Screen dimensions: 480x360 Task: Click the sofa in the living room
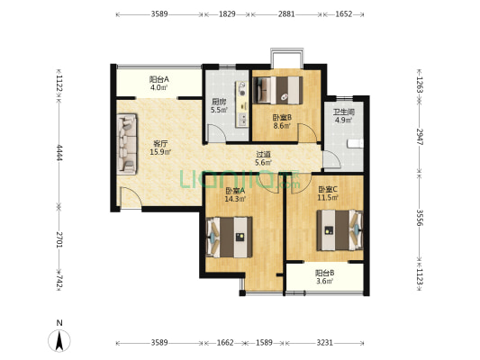click(x=127, y=144)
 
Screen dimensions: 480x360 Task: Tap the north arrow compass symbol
click(x=59, y=340)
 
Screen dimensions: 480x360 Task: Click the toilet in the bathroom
click(x=356, y=143)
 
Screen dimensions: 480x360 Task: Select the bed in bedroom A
click(x=230, y=237)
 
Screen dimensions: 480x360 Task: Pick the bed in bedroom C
click(x=340, y=230)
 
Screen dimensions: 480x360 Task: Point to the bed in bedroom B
click(x=278, y=90)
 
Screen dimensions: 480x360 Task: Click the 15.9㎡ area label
click(x=160, y=152)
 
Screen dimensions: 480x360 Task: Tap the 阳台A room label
click(x=159, y=79)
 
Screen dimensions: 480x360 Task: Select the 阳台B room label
click(x=325, y=272)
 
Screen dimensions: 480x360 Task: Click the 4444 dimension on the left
click(x=59, y=152)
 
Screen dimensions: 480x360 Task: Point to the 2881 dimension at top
click(x=286, y=14)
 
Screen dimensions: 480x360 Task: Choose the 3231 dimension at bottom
click(x=324, y=343)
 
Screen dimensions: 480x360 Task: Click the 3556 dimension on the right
click(x=420, y=218)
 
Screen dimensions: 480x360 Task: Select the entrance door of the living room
click(x=131, y=198)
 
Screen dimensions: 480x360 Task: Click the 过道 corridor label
click(x=263, y=155)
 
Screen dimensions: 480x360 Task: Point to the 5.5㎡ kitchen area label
click(x=219, y=110)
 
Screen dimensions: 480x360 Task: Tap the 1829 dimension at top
click(x=227, y=14)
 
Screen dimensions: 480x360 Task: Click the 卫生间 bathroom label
click(x=343, y=112)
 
